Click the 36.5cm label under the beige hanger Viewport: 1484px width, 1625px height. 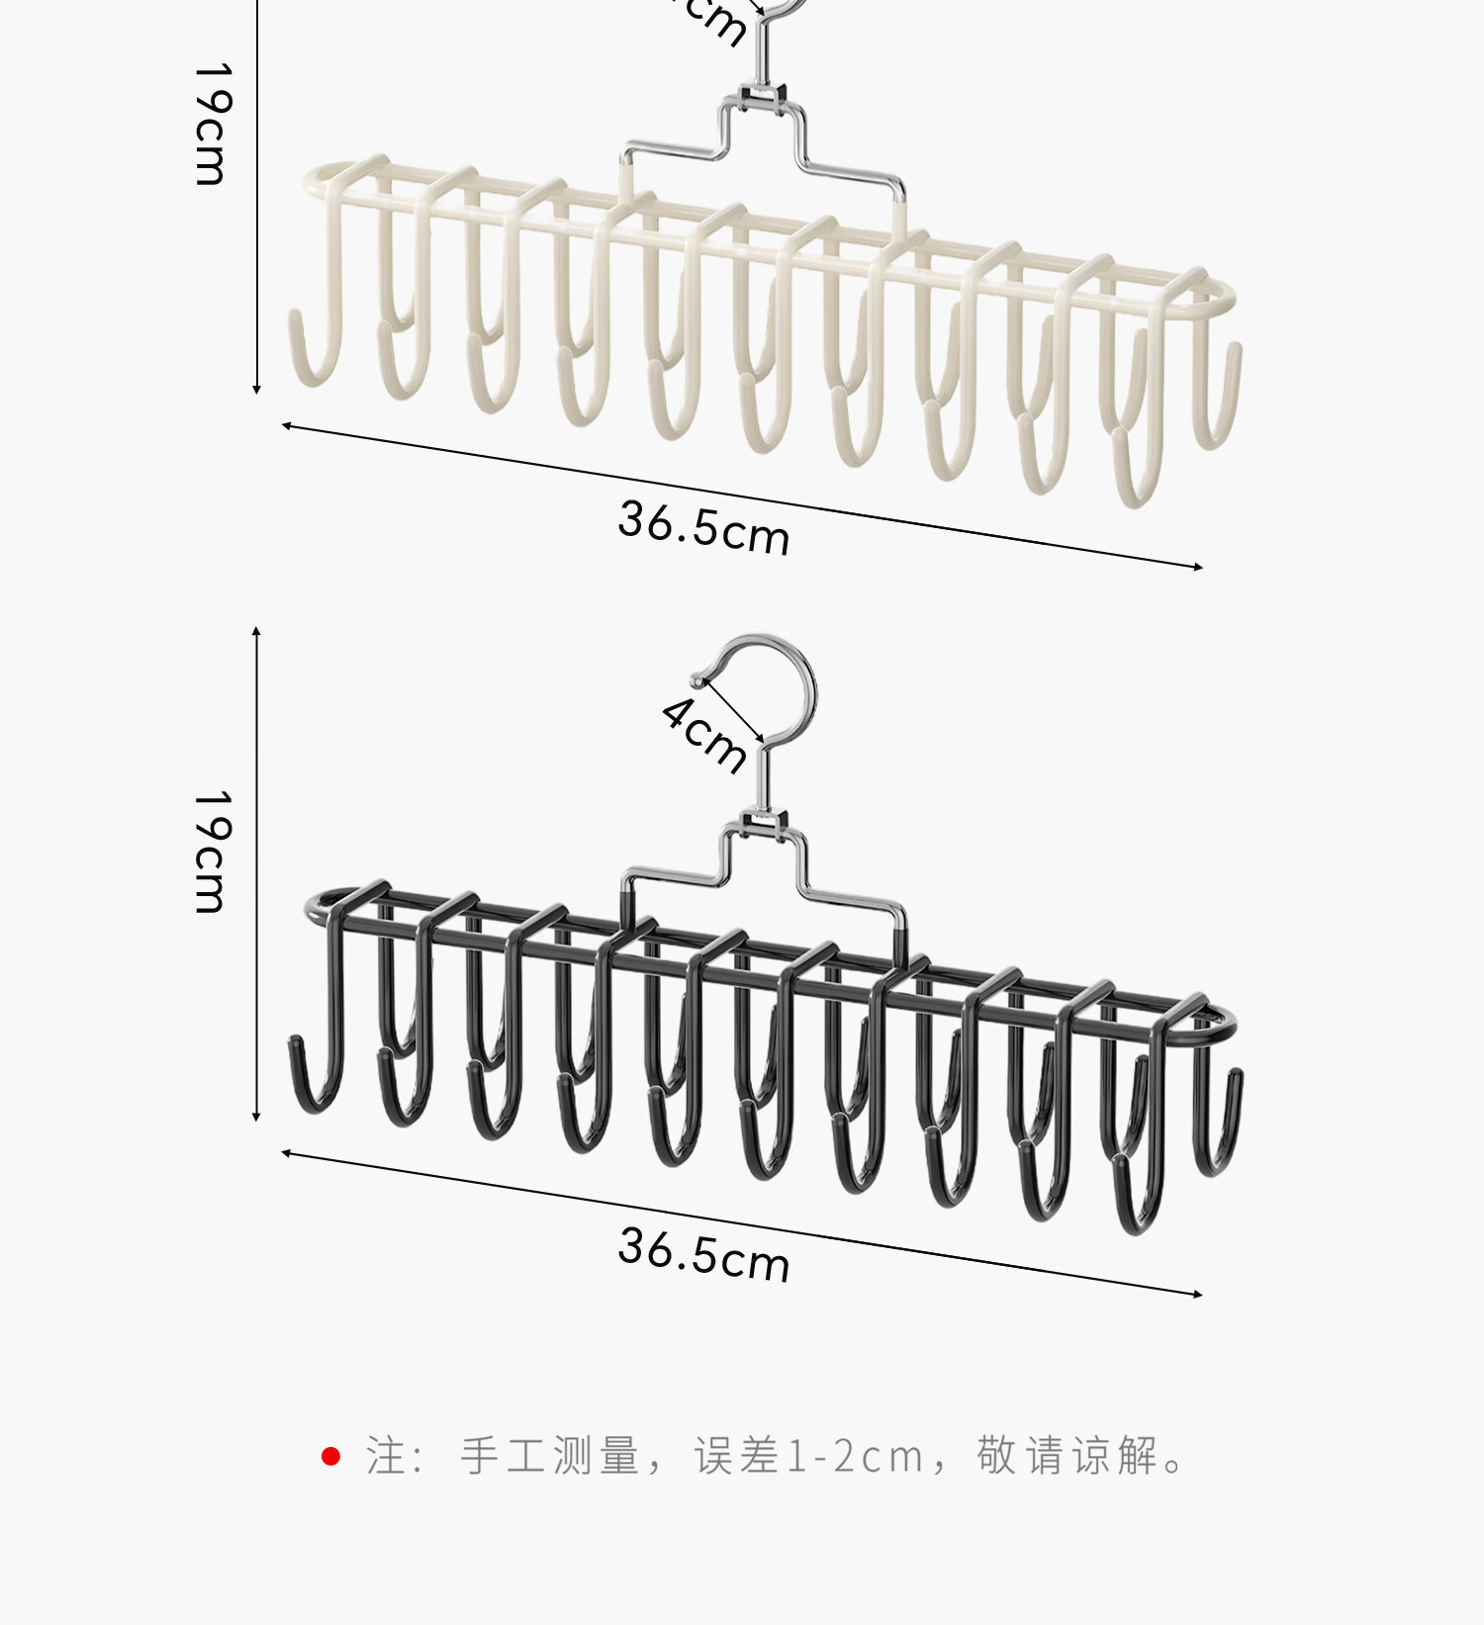click(x=703, y=527)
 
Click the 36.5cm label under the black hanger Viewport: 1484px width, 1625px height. click(x=703, y=1254)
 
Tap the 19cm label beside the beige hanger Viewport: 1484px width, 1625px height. click(x=211, y=125)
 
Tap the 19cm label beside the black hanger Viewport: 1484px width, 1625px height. click(x=211, y=852)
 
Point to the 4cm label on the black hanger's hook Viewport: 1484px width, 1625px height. click(x=704, y=735)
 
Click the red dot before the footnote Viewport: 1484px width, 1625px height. click(x=331, y=1457)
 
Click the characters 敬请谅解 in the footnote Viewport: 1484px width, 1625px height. click(x=1067, y=1457)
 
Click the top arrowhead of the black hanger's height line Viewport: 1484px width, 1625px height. click(x=256, y=631)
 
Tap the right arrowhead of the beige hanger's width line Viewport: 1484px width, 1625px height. click(x=1198, y=567)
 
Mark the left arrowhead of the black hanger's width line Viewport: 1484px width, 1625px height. click(x=286, y=1153)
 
